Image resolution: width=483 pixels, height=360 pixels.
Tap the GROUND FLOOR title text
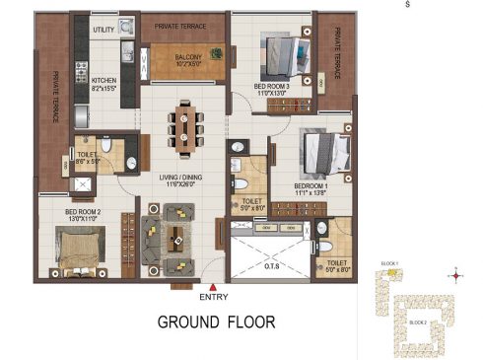point(217,322)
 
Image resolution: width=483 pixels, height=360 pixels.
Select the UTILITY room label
point(103,31)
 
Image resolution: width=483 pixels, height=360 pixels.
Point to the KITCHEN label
point(104,82)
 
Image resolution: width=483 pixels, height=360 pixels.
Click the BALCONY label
point(189,57)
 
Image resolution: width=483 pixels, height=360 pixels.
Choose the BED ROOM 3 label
point(271,87)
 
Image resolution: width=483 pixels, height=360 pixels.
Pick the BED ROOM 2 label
point(83,213)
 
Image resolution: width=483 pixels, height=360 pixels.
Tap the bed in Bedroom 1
point(325,154)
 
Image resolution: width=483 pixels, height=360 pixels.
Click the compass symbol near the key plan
point(454,275)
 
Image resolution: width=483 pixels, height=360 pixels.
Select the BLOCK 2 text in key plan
point(417,323)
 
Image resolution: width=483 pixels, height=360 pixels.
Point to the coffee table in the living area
point(174,234)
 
